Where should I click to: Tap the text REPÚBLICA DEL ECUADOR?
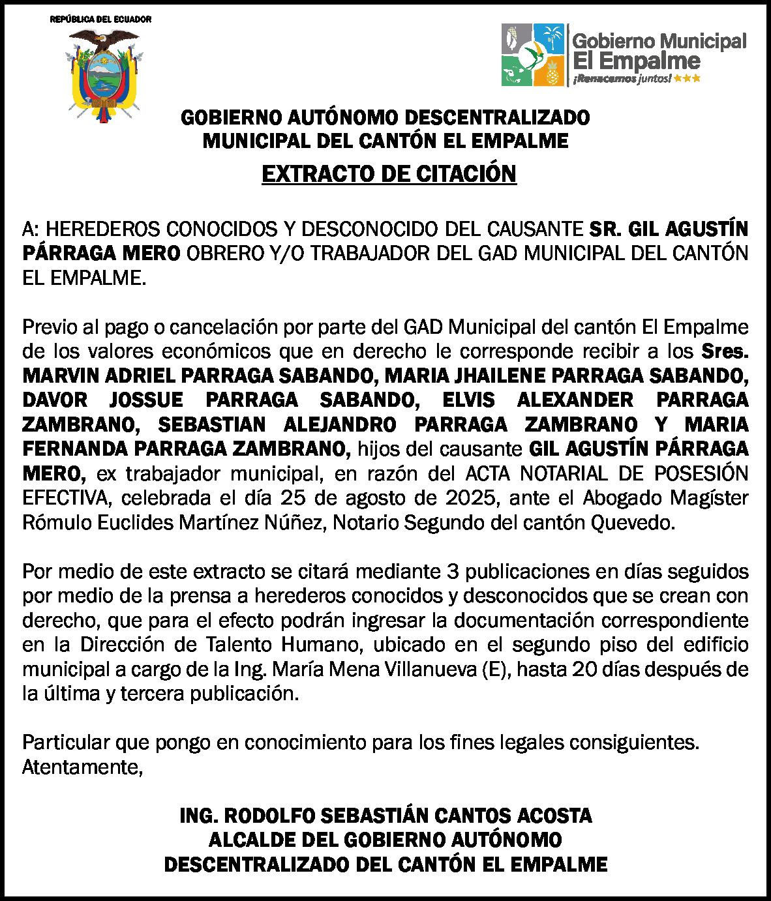[x=101, y=19]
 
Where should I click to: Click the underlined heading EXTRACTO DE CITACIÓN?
[x=389, y=174]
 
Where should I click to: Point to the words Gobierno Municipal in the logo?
[x=659, y=42]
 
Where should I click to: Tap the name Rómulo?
[x=52, y=523]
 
